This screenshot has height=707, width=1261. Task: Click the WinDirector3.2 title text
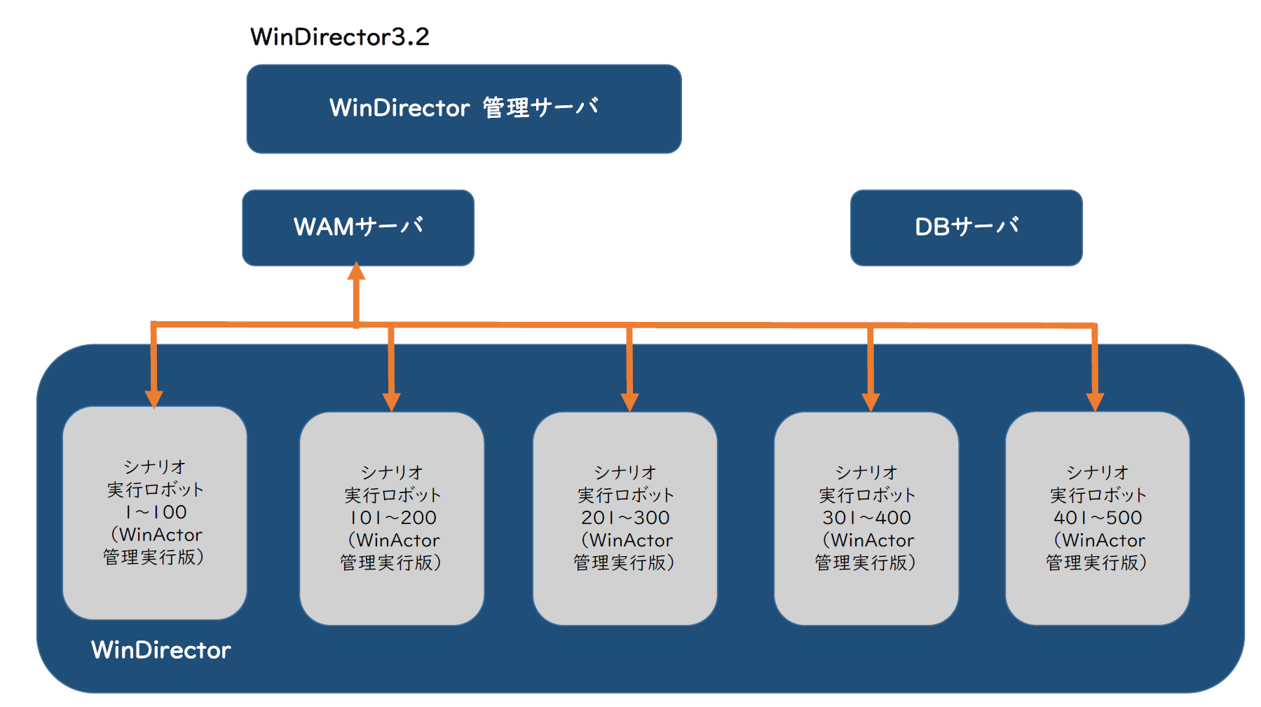coord(339,36)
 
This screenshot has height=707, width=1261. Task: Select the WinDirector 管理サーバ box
coord(463,109)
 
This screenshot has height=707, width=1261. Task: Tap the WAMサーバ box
coord(357,227)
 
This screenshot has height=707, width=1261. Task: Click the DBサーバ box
coord(966,227)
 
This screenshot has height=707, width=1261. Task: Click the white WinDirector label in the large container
coord(161,650)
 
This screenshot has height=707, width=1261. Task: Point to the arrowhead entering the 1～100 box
coord(154,398)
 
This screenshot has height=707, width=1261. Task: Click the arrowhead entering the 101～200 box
coord(391,402)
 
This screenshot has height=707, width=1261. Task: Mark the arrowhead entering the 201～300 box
coord(629,402)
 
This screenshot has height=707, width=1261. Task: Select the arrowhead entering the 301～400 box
coord(871,402)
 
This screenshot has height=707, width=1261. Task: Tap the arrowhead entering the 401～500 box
coord(1095,402)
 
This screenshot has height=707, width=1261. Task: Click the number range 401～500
coord(1098,518)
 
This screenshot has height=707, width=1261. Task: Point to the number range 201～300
coord(625,518)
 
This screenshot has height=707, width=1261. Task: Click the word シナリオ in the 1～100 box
coord(154,466)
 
